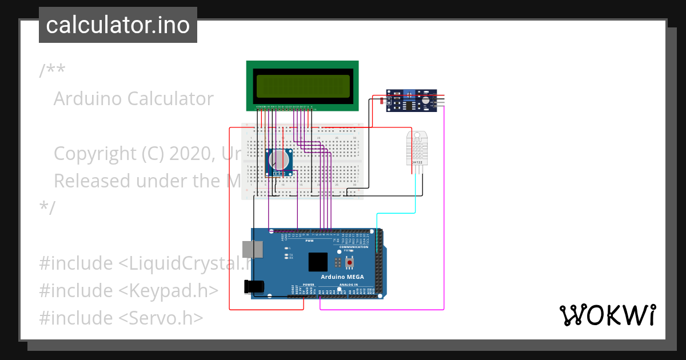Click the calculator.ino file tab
click(118, 25)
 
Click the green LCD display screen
click(302, 86)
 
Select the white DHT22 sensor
click(416, 147)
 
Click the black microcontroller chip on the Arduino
click(318, 262)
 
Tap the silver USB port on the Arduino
click(252, 249)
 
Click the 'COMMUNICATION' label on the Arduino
click(354, 247)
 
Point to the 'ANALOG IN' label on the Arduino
click(348, 284)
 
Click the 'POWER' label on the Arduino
click(309, 284)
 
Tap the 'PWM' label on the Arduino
click(309, 241)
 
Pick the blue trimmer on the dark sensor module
click(410, 96)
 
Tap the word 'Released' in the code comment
click(91, 181)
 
